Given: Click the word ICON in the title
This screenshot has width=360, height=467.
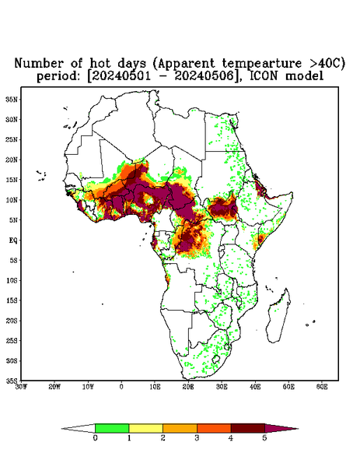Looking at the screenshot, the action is (263, 76).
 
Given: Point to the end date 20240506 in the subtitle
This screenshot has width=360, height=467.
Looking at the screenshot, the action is (204, 76).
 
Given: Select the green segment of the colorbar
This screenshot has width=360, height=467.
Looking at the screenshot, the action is (112, 428).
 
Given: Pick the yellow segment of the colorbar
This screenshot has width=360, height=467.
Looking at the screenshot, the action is (145, 428).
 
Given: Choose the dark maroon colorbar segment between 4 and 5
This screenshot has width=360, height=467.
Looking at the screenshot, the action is (248, 428).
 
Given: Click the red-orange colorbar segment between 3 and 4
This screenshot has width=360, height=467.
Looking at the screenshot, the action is (214, 428).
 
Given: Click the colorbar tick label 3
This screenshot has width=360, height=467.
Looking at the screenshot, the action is (197, 438).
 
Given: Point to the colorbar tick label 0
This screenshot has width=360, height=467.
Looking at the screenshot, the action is (95, 438).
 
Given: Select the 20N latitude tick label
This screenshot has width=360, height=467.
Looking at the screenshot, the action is (12, 160).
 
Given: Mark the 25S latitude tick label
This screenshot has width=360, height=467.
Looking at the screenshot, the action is (12, 340).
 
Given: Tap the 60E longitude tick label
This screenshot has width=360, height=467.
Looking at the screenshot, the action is (322, 387).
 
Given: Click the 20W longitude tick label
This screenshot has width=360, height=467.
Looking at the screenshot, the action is (54, 387).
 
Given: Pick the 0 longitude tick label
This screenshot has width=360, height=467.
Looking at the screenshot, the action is (121, 387).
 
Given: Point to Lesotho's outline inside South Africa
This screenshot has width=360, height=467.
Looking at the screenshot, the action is (216, 359).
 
